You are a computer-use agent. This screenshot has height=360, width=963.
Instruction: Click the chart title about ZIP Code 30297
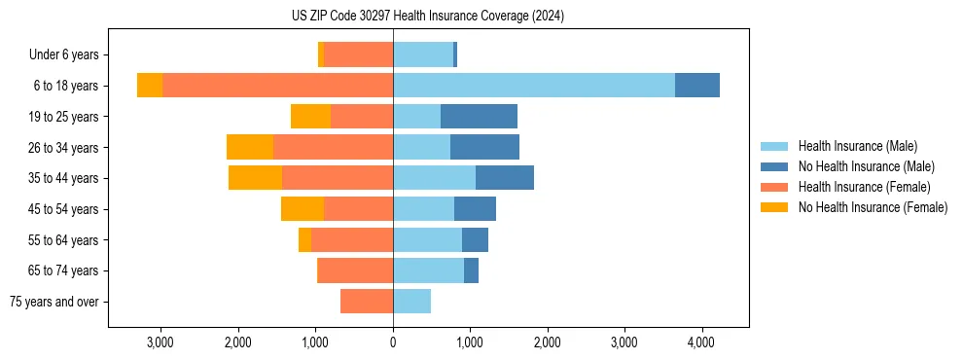[427, 16]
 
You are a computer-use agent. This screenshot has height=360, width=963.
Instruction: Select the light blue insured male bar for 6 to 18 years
[533, 86]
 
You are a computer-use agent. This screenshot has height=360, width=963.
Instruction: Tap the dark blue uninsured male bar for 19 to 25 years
[479, 117]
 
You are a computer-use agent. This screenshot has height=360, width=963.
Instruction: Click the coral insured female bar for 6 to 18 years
[277, 86]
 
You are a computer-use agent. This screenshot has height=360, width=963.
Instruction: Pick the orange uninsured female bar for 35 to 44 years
[255, 178]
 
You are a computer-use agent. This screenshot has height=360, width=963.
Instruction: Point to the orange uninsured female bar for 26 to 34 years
[250, 147]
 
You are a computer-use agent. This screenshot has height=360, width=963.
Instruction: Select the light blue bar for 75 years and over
[411, 302]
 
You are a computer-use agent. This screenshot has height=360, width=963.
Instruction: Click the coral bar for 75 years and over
[367, 302]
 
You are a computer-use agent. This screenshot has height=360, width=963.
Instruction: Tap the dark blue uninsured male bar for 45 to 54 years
[475, 209]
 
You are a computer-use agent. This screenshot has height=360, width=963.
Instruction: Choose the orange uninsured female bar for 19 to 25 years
[310, 117]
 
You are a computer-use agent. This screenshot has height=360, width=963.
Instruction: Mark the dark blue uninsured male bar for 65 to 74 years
[471, 270]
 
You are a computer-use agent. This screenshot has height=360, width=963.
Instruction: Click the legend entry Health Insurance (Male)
[857, 146]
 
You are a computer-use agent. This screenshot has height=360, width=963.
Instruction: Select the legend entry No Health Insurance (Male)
[866, 166]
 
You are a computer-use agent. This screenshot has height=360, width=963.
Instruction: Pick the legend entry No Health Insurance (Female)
[873, 207]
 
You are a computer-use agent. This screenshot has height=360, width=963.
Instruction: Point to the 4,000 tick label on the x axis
[701, 342]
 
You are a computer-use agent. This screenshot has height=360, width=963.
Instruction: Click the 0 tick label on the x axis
[393, 342]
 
